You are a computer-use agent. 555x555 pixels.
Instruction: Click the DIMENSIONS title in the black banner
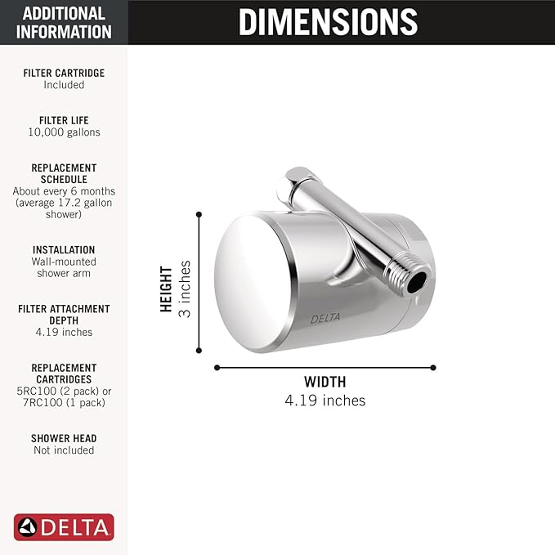coord(328,22)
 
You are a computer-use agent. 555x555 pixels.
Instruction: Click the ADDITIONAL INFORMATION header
coord(64,23)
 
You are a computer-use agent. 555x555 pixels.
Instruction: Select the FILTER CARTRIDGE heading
coord(64,73)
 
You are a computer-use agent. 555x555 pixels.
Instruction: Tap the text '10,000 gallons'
coord(64,132)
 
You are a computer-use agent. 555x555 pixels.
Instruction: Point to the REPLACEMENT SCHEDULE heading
coord(64,173)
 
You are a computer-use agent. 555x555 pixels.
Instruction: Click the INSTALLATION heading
coord(64,249)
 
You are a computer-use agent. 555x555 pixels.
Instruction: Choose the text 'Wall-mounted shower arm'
coord(64,267)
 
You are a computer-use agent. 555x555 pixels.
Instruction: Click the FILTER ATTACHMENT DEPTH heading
coord(64,315)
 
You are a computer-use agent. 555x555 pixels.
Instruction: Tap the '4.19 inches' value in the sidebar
coord(64,333)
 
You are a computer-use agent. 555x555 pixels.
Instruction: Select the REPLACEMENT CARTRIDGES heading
coord(64,374)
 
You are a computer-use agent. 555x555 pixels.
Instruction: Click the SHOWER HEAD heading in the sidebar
coord(64,438)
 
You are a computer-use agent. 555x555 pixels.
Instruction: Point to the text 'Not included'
coord(64,450)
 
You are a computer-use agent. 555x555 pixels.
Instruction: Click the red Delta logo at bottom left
coord(64,526)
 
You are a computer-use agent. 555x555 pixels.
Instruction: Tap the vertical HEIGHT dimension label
coord(167,289)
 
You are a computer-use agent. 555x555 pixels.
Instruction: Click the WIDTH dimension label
coord(324,382)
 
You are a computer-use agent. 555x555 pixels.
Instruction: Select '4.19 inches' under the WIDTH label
coord(324,401)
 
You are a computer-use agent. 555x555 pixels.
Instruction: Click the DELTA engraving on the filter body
coord(322,319)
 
